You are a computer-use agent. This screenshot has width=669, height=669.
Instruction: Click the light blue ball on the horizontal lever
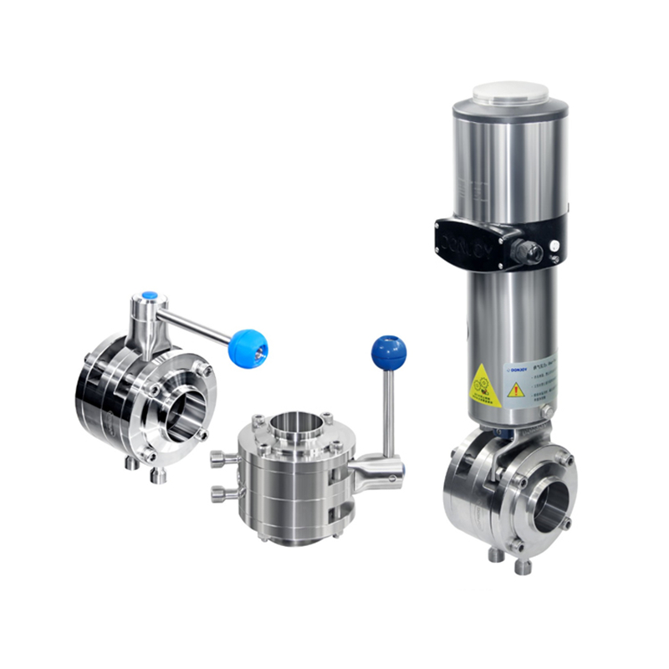coord(248,348)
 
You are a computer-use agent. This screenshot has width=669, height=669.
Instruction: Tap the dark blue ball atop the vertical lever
coord(388,352)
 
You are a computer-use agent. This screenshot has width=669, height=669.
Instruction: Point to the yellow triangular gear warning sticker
coord(484,386)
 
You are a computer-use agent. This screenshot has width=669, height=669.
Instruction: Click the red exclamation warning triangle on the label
coord(516,389)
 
